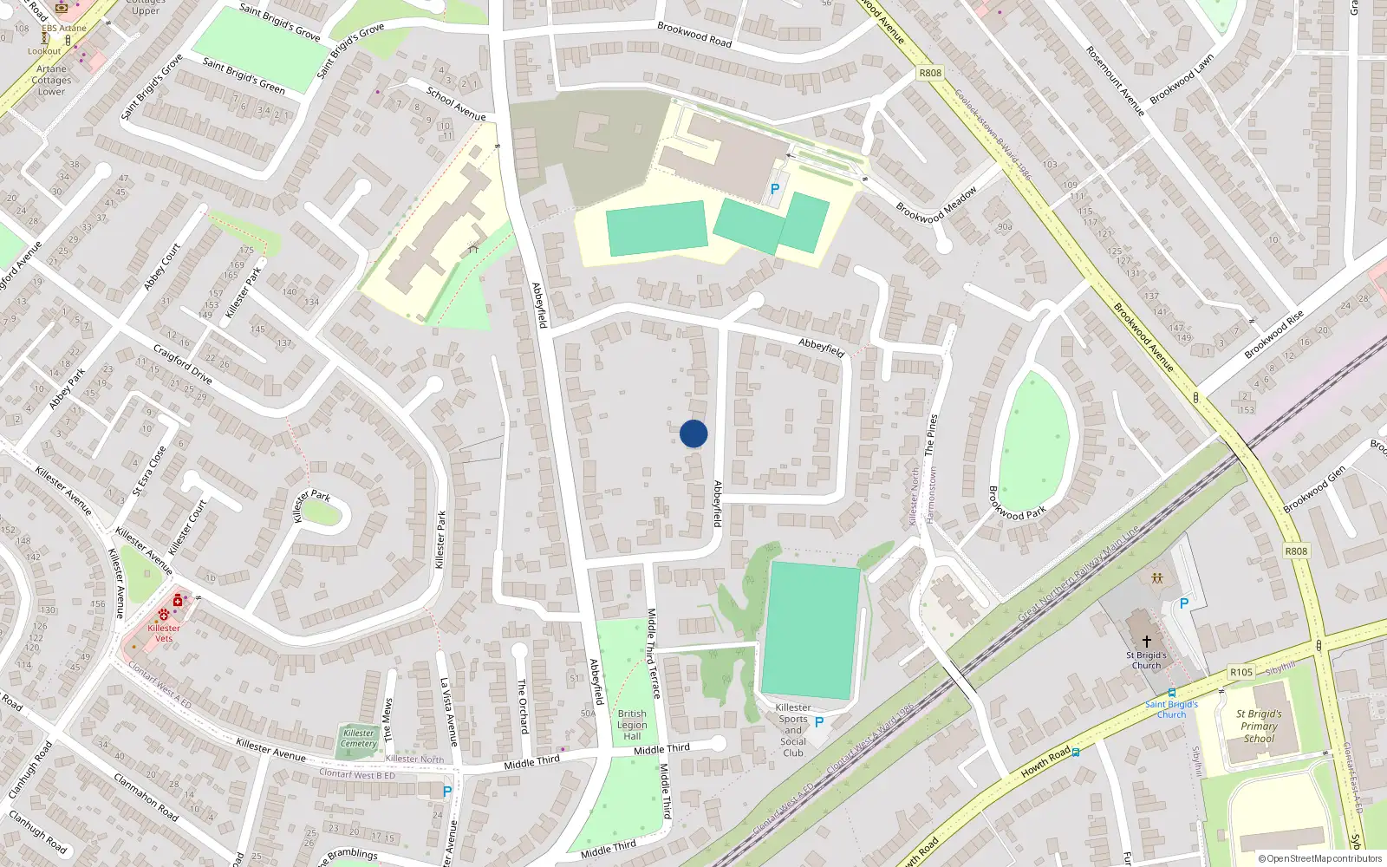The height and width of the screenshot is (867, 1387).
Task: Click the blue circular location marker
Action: pos(693,433)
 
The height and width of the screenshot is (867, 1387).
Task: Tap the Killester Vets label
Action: pos(164,633)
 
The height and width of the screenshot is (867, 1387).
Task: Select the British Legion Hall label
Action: pos(632,725)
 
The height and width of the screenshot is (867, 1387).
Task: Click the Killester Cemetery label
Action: pos(359,738)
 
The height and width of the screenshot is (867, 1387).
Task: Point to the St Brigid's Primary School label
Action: pos(1259,727)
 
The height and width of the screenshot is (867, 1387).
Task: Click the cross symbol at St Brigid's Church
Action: pos(1146,642)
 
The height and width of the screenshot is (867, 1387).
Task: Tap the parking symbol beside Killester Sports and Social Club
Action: pos(819,722)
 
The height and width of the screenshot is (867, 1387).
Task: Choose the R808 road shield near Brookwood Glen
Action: pos(1296,551)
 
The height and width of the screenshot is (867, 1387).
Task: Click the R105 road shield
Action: pos(1240,672)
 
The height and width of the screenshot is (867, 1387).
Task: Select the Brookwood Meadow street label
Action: pos(936,205)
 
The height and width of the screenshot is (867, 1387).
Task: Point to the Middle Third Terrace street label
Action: pos(654,653)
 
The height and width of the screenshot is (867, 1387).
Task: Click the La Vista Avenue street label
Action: pos(447,712)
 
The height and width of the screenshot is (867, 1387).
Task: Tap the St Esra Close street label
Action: pos(148,472)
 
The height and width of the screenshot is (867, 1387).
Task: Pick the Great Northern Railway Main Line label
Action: pos(1078,573)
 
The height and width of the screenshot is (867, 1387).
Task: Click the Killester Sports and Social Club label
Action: pos(793,730)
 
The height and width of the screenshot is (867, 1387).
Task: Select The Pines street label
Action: pos(930,435)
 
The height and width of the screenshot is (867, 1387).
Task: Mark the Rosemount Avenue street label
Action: pos(1115,81)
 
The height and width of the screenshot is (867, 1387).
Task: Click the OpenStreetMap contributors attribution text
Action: pos(1320,859)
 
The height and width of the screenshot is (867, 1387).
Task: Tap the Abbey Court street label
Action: pos(162,267)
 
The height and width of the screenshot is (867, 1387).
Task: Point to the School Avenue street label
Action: pos(455,103)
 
